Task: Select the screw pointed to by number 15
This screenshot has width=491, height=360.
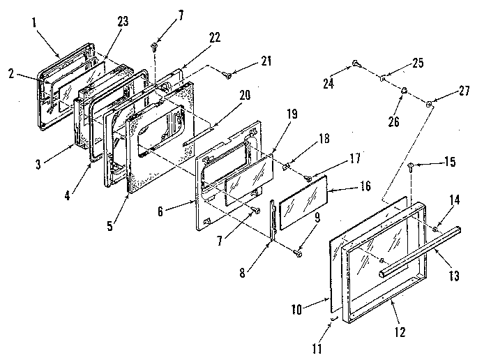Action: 411,166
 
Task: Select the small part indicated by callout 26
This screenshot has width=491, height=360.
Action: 404,89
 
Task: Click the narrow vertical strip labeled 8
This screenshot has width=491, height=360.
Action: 272,223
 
